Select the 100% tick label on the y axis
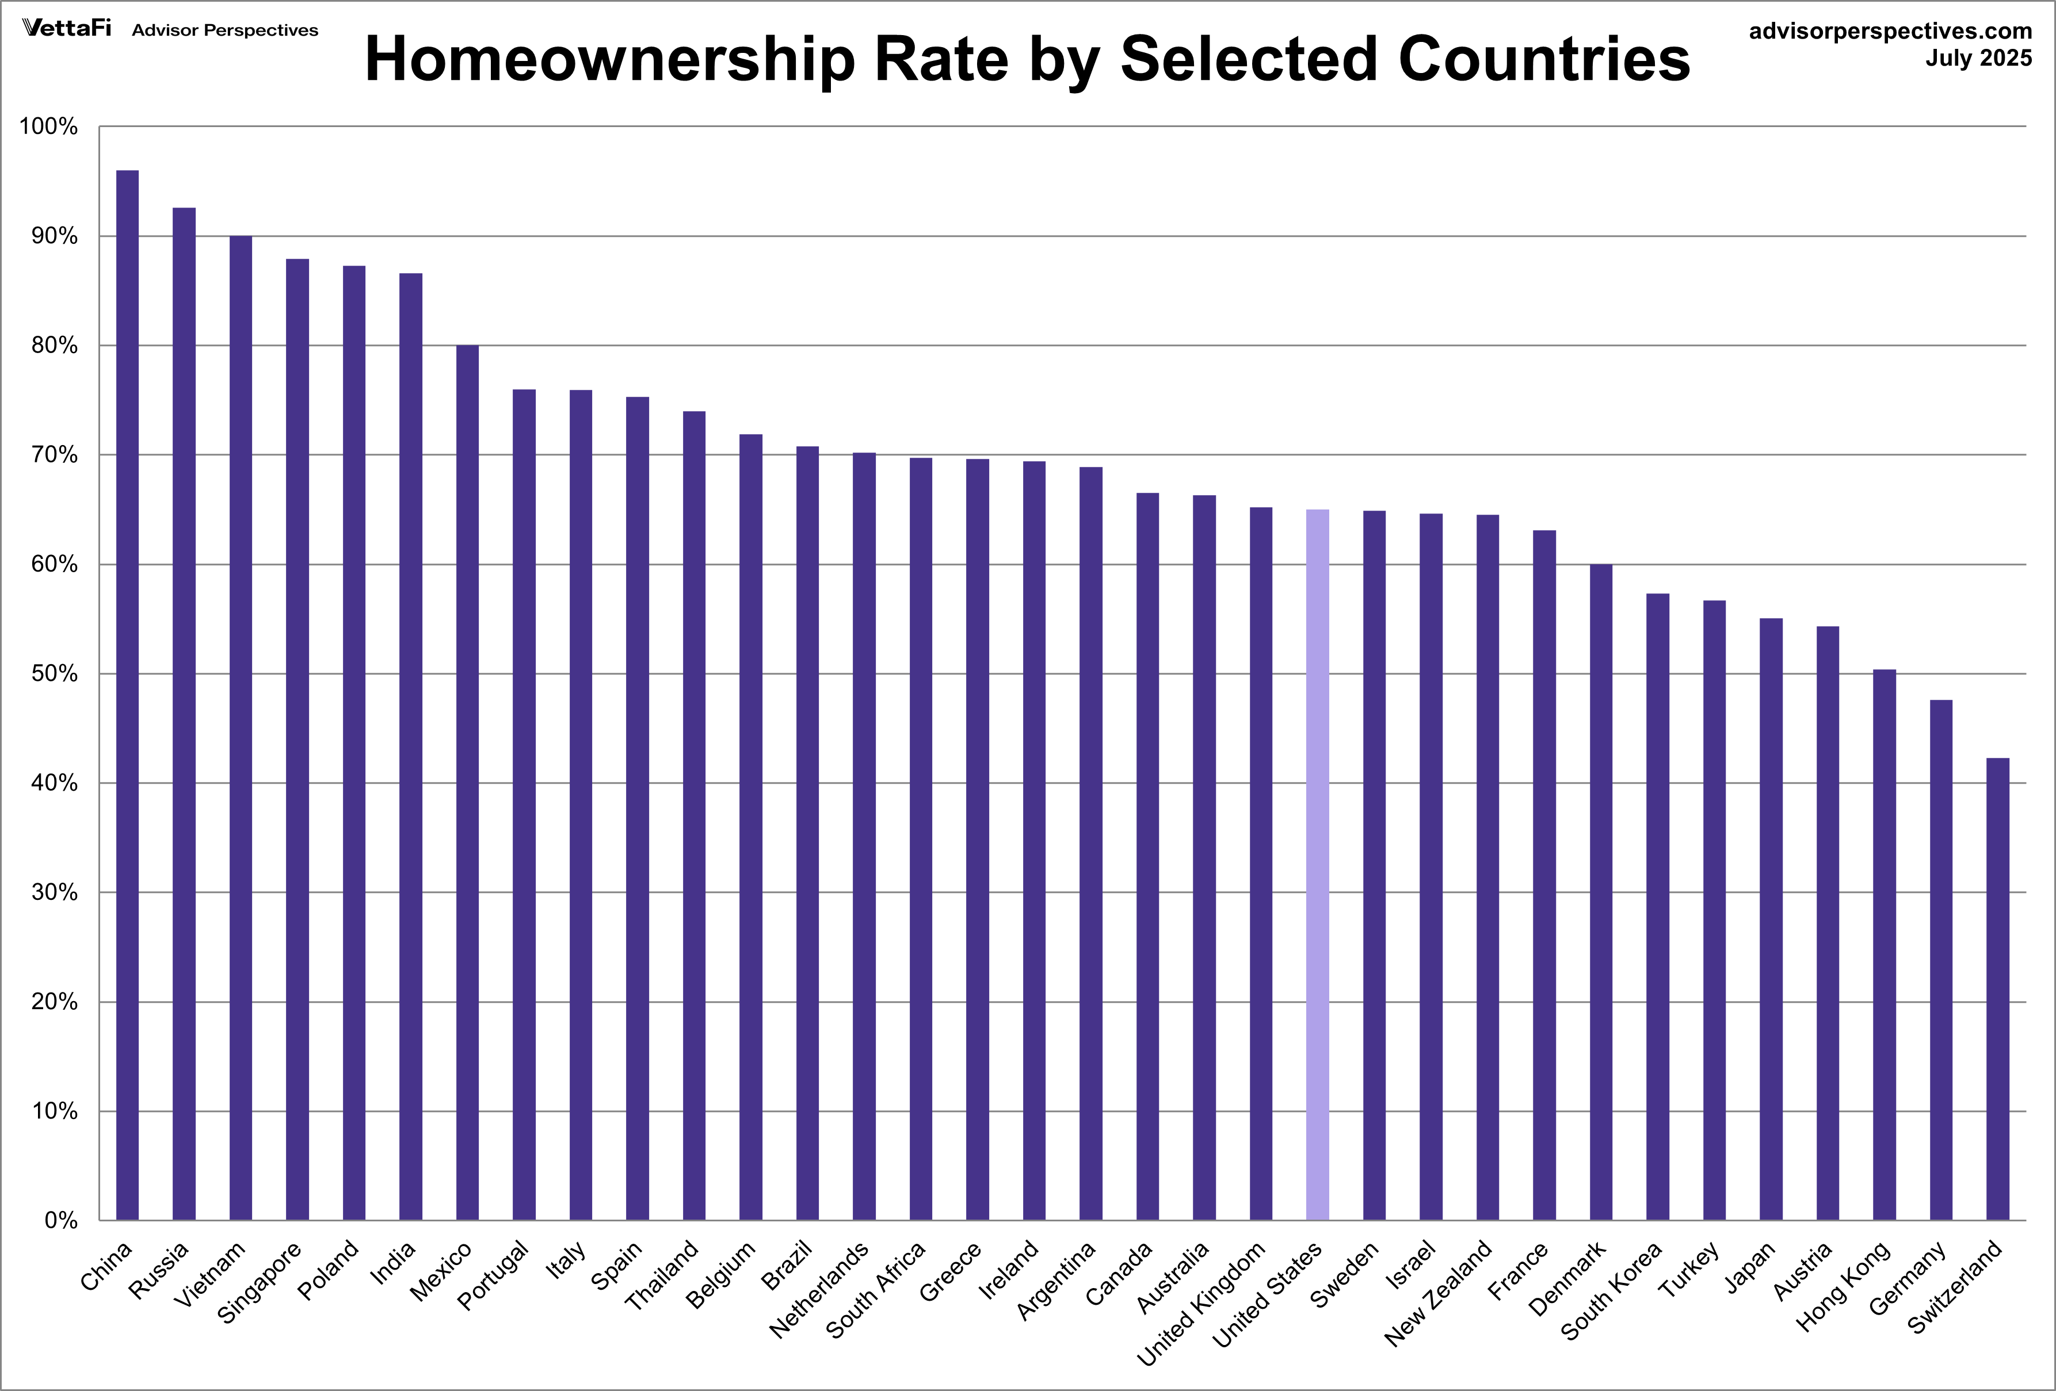point(49,127)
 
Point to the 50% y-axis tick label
point(54,674)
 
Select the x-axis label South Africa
point(876,1289)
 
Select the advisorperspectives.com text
point(1890,31)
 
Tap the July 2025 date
point(1978,58)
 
